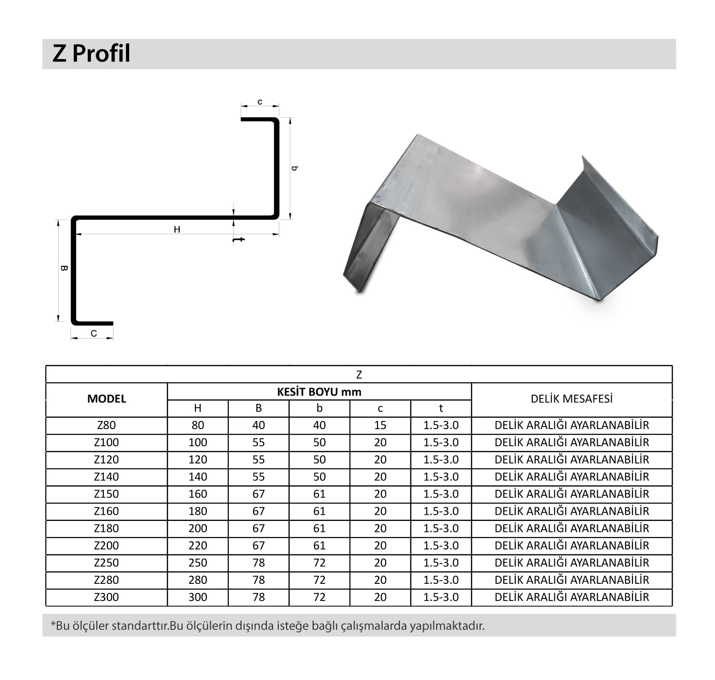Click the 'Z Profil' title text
pyautogui.click(x=92, y=53)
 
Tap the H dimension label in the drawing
pyautogui.click(x=177, y=230)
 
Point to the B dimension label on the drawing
pyautogui.click(x=64, y=268)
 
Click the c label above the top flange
pyautogui.click(x=260, y=102)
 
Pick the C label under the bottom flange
pyautogui.click(x=94, y=333)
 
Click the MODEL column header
pyautogui.click(x=107, y=399)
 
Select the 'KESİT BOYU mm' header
pyautogui.click(x=319, y=392)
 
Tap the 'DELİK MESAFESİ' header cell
pyautogui.click(x=572, y=399)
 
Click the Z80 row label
pyautogui.click(x=107, y=425)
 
